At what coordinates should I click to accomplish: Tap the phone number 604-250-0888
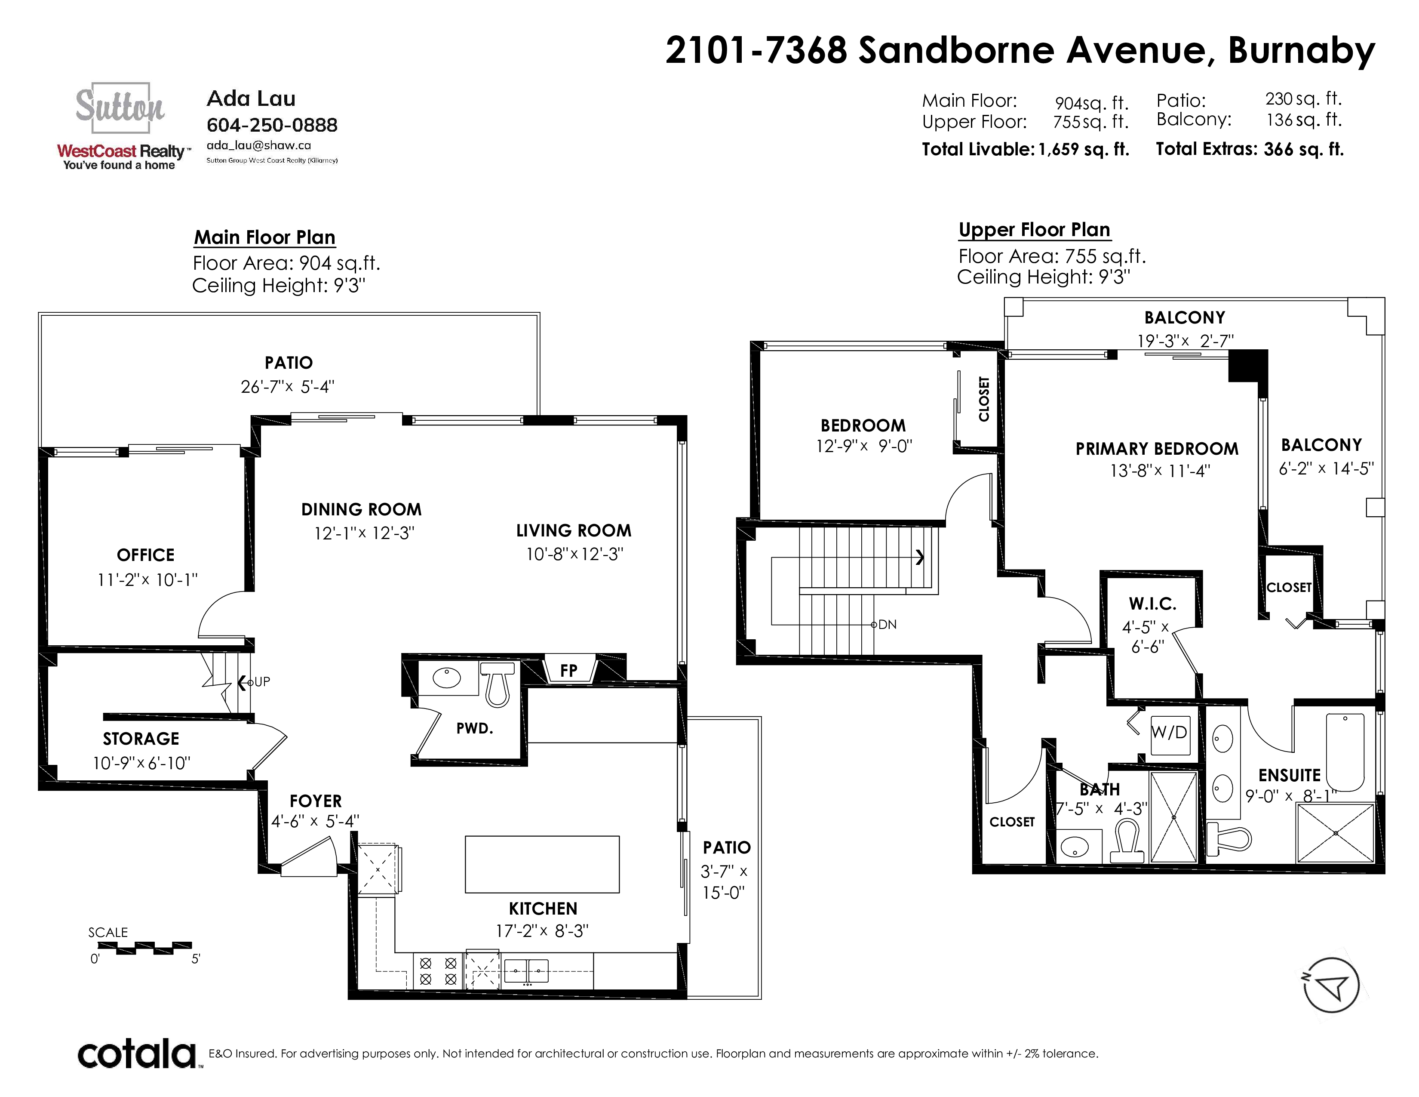click(x=272, y=125)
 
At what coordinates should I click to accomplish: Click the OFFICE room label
click(x=145, y=555)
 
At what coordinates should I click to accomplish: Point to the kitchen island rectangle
click(x=542, y=864)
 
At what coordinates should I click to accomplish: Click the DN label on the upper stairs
click(x=887, y=625)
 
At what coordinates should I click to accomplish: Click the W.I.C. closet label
click(x=1152, y=604)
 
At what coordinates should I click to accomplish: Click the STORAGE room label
click(x=141, y=739)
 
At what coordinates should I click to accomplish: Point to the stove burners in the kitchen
click(x=438, y=971)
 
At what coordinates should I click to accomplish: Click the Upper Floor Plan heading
click(x=1034, y=230)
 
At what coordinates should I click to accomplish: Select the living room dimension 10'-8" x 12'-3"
click(x=574, y=555)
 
